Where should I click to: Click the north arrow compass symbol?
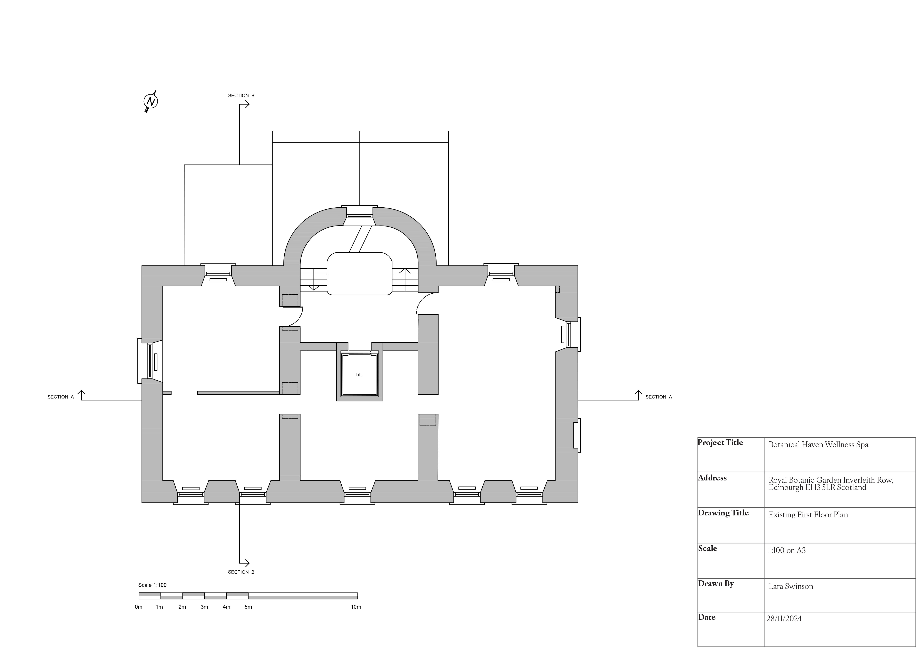pyautogui.click(x=151, y=101)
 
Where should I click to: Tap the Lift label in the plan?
pyautogui.click(x=359, y=375)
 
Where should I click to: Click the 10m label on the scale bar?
pyautogui.click(x=356, y=607)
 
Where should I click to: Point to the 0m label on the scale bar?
pyautogui.click(x=138, y=607)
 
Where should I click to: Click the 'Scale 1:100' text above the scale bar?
pyautogui.click(x=152, y=585)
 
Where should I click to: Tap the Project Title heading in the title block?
pyautogui.click(x=720, y=443)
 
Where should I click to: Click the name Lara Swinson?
pyautogui.click(x=791, y=587)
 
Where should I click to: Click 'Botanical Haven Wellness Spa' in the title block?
pyautogui.click(x=818, y=445)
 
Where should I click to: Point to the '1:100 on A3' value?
pyautogui.click(x=787, y=551)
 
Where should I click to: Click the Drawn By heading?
pyautogui.click(x=716, y=584)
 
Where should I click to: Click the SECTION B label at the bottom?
pyautogui.click(x=241, y=572)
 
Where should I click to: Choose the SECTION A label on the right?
pyautogui.click(x=659, y=397)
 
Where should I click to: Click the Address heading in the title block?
pyautogui.click(x=712, y=478)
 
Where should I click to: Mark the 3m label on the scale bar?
pyautogui.click(x=204, y=607)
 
